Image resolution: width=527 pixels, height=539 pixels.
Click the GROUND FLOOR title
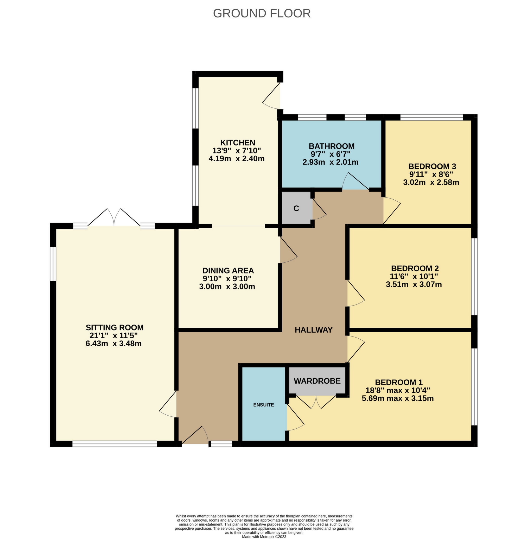point(262,14)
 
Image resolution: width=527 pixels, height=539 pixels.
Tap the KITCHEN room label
point(238,143)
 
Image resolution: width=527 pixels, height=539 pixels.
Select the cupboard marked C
point(296,208)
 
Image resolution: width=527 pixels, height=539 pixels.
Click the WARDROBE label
point(317,381)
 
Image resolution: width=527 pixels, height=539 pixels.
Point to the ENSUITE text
point(263,405)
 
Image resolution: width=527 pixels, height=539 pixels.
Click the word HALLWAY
point(313,330)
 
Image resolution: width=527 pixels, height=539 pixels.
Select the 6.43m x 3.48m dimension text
point(113,344)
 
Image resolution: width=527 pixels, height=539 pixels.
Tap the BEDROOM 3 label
point(432,166)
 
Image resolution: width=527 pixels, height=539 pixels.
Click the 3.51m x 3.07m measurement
point(414,284)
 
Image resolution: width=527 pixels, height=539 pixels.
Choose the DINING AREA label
point(228,270)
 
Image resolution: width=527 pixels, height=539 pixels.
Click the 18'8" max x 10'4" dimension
point(398,390)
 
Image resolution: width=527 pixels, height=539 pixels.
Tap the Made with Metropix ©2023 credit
point(264,536)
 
